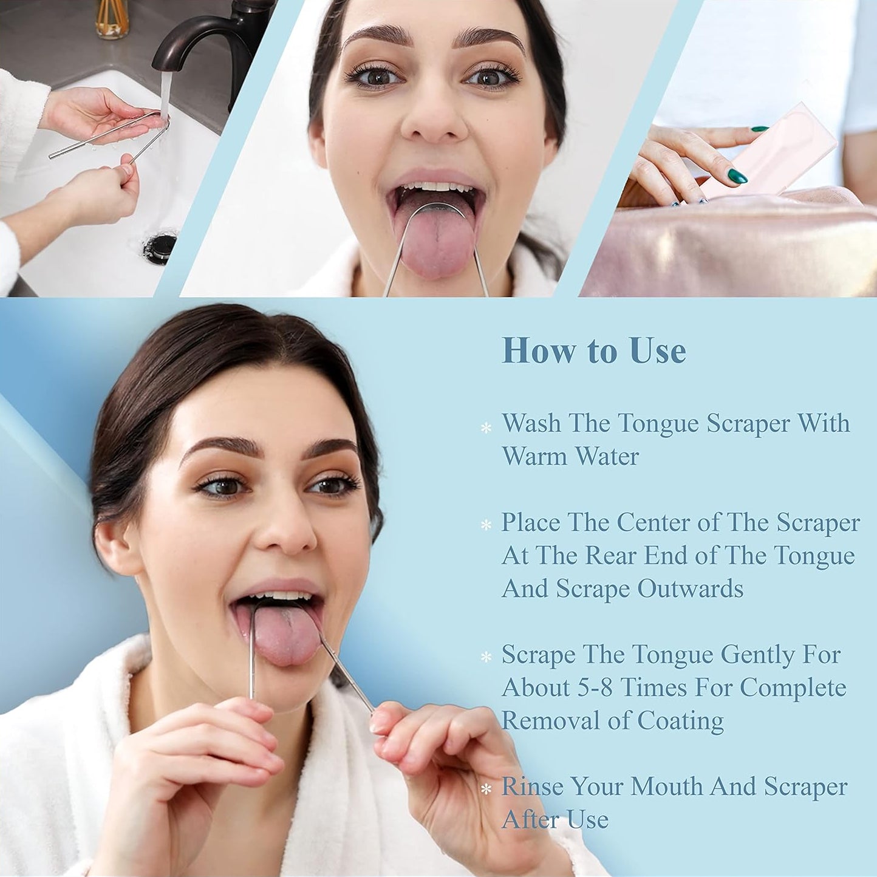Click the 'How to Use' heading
coord(593,351)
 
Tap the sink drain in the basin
coord(160,248)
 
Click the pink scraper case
coord(769,150)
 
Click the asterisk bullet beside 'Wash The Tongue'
coord(486,428)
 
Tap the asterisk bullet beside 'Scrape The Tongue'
coord(486,657)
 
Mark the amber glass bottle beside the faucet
coord(112,18)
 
